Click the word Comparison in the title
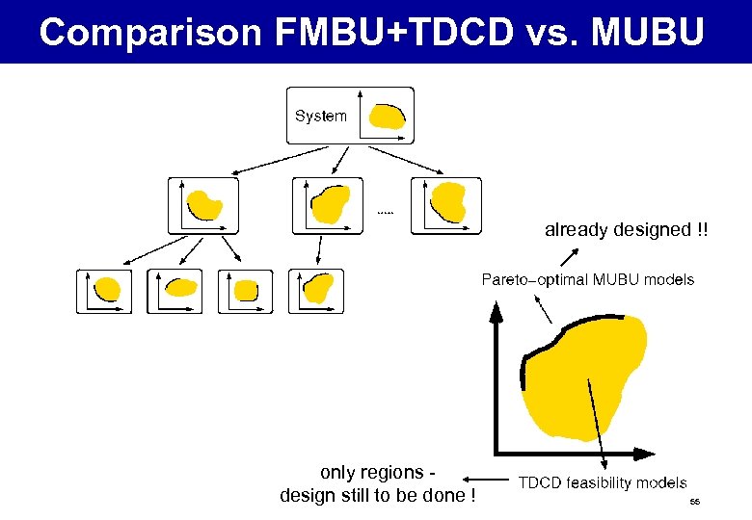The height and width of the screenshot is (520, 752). tap(150, 32)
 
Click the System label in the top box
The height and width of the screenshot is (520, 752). tap(320, 116)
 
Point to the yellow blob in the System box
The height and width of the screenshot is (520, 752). tap(388, 117)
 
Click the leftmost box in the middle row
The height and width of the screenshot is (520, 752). tap(202, 205)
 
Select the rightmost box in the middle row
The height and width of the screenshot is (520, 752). tap(445, 205)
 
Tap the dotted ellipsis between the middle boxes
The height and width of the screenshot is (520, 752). tap(386, 211)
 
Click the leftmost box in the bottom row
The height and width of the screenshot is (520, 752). tap(104, 291)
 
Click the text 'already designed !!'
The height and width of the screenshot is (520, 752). tap(626, 230)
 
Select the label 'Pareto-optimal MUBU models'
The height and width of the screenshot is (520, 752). tap(587, 280)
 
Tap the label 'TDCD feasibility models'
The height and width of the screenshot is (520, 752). tap(603, 482)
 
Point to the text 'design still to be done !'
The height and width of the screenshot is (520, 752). tap(377, 496)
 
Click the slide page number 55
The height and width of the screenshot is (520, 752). tap(694, 503)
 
